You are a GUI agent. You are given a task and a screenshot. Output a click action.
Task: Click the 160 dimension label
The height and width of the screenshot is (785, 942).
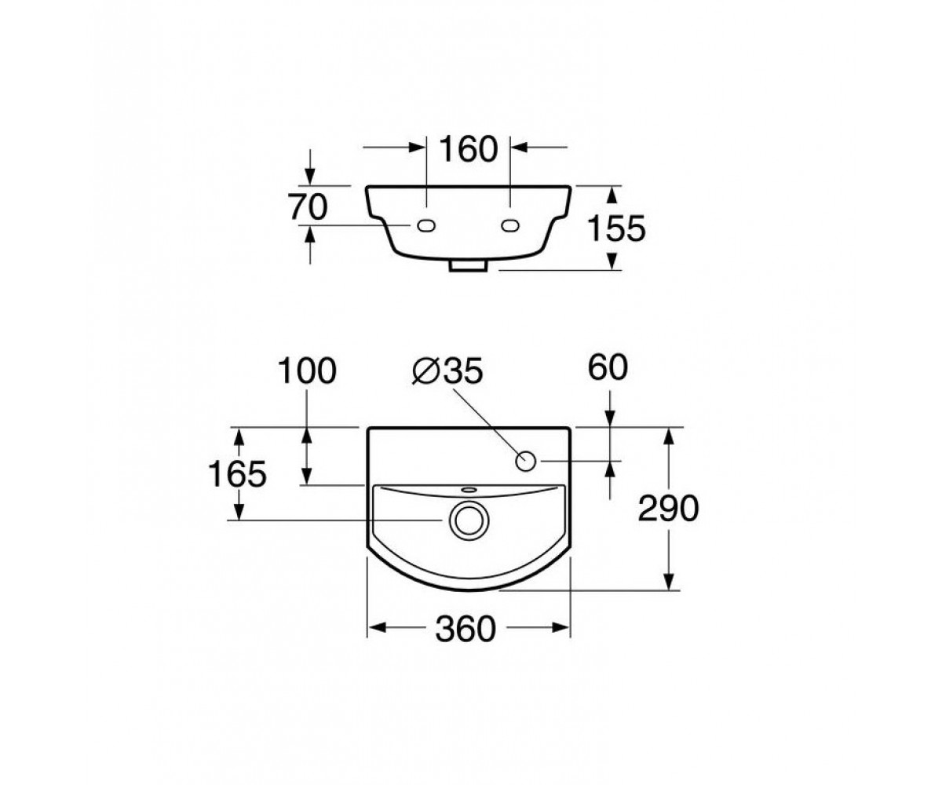469,148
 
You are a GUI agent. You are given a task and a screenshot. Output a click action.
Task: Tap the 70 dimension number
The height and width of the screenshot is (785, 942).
308,207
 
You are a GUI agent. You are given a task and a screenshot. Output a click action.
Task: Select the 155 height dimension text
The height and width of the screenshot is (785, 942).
616,228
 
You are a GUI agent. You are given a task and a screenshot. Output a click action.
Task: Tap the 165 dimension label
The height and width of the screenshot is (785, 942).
237,474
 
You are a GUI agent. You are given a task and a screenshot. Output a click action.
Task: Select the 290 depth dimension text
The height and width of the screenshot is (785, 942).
668,509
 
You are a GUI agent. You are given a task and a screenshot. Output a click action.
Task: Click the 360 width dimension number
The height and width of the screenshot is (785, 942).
466,629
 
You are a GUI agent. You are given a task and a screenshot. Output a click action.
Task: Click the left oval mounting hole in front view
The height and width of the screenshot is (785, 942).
426,225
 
